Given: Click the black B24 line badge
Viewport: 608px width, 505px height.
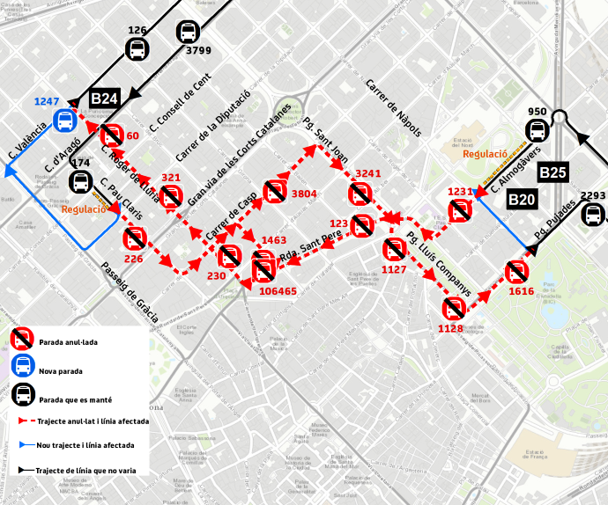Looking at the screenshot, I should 105,99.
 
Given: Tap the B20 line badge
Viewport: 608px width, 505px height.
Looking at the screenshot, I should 522,200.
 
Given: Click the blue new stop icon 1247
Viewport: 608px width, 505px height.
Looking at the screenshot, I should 64,121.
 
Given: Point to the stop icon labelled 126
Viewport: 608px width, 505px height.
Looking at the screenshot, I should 137,49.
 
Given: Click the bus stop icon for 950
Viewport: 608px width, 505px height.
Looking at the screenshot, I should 537,132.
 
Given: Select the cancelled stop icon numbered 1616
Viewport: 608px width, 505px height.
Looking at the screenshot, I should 515,272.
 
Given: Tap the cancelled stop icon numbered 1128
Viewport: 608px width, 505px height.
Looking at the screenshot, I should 453,308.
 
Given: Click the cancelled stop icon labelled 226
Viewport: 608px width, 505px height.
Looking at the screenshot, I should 134,238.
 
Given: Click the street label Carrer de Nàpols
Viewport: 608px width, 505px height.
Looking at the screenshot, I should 393,107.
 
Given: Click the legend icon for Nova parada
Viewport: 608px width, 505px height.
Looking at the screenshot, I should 23,367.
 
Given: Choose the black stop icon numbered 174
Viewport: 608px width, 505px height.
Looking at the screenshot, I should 80,182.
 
